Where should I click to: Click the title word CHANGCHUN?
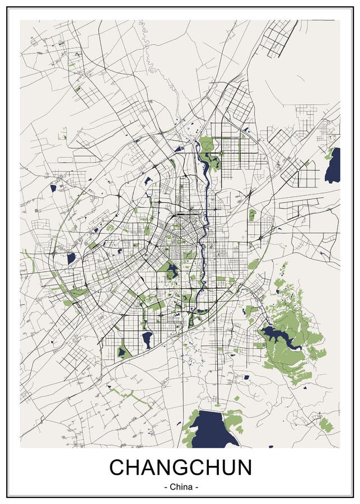pos(180,467)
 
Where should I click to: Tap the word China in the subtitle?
pos(180,487)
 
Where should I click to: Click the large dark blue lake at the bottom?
pos(215,428)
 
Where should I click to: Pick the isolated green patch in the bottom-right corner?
pos(326,424)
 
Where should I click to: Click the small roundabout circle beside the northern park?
pos(222,152)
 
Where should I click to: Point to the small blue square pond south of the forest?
pos(246,377)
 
